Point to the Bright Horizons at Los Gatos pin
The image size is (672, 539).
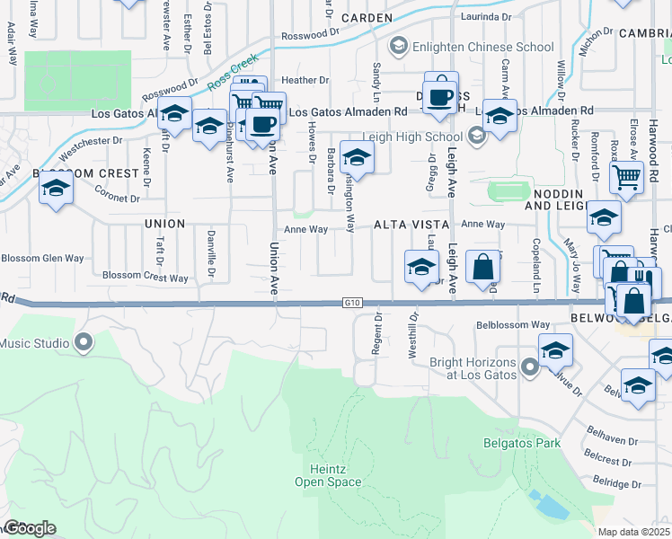point(530,367)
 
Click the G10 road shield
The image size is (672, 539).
point(351,304)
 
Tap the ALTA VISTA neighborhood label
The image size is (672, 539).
point(410,224)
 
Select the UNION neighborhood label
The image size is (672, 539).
point(164,224)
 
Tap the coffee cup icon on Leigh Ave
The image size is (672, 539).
point(441,96)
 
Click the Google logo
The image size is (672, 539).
point(30,527)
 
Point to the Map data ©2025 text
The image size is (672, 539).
point(633,532)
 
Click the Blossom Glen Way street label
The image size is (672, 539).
point(42,258)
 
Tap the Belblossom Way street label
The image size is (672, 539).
point(513,324)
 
